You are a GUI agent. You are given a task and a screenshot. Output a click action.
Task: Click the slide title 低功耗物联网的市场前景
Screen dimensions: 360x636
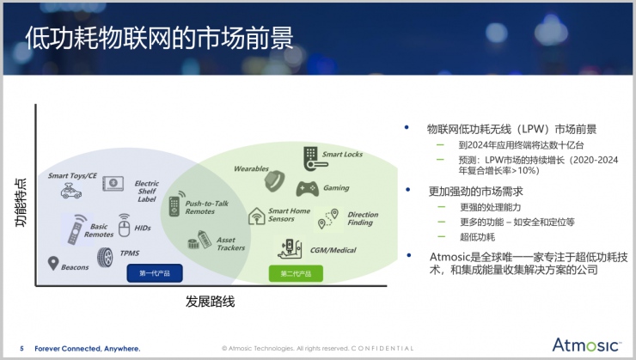coord(158,39)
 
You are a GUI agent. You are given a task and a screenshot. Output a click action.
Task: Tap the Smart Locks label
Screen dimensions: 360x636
coord(342,155)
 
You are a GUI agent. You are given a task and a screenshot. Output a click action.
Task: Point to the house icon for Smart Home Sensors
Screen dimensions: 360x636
coord(256,216)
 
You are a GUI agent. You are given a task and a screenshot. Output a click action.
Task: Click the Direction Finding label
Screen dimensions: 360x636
coord(361,218)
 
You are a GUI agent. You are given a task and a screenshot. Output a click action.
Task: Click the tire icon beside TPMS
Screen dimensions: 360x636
coord(105,256)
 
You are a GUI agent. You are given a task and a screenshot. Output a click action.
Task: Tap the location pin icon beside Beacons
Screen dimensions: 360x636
coord(52,263)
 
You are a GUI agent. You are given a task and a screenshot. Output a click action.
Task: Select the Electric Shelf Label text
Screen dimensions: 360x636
coord(146,191)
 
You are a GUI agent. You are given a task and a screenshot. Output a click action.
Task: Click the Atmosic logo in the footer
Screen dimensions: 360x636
coord(586,345)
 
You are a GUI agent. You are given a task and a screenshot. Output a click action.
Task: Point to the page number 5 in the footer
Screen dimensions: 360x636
coord(21,349)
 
